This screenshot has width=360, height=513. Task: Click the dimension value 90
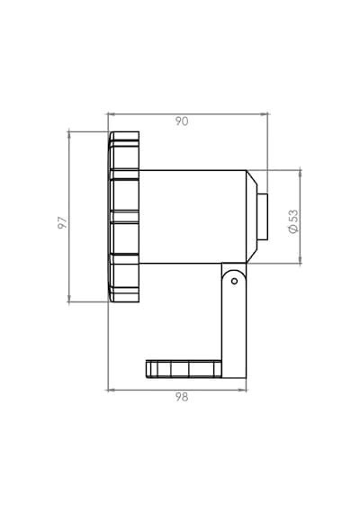coord(182,121)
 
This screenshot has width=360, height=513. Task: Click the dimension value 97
coord(62,222)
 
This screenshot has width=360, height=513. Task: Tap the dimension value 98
coord(182,397)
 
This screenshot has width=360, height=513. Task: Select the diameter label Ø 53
coord(293,221)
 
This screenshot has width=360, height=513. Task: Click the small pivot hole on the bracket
coord(234,281)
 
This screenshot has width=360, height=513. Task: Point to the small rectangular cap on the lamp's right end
coord(263,217)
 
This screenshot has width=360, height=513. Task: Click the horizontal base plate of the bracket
coord(184,369)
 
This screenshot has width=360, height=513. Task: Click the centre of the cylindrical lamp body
coord(193,217)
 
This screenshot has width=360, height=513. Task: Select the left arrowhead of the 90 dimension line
coord(111,114)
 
